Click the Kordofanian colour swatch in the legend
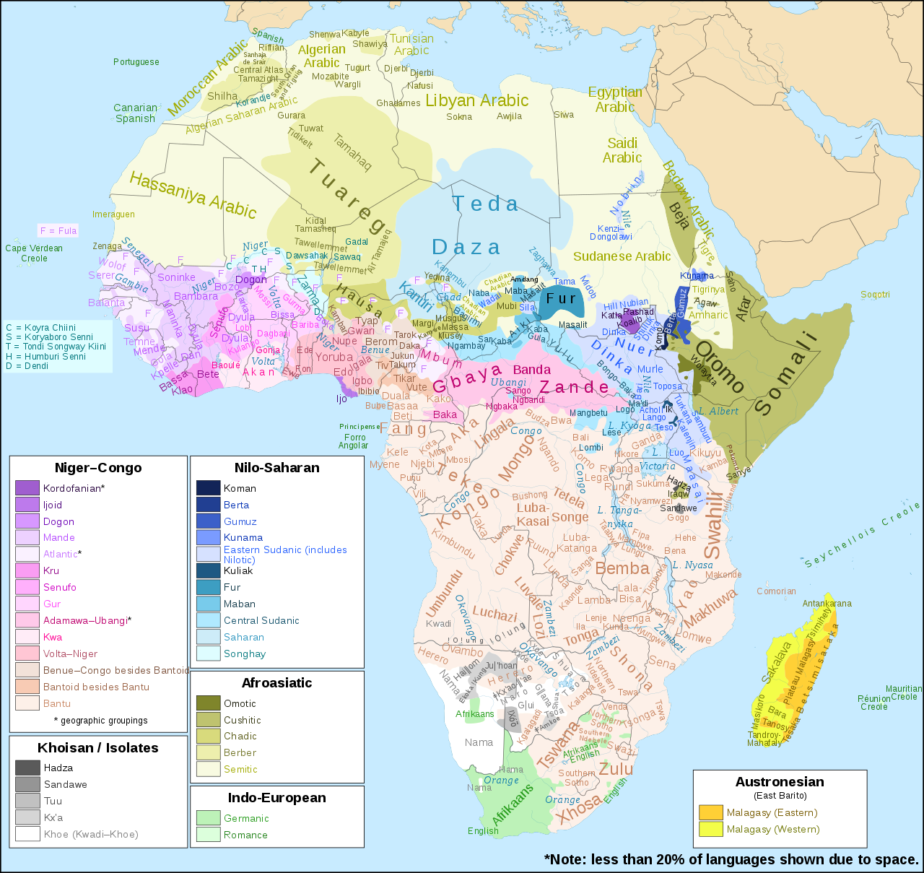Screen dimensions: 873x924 [x=27, y=488]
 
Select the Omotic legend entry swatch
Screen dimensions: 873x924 [x=208, y=703]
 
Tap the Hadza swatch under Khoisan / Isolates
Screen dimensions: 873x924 [x=27, y=768]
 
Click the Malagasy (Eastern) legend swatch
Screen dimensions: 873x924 [x=710, y=812]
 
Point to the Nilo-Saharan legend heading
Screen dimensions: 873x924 [x=276, y=468]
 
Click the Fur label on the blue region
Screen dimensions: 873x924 [x=561, y=298]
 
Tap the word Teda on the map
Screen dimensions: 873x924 [x=485, y=204]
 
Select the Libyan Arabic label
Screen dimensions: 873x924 [x=477, y=101]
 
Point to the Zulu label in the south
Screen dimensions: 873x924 [x=616, y=769]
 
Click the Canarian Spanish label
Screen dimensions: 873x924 [x=136, y=113]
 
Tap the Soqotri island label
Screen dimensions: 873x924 [x=875, y=295]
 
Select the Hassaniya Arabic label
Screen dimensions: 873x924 [x=192, y=195]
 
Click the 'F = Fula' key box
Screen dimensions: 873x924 [x=58, y=231]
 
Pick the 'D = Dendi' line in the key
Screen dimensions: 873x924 [x=27, y=366]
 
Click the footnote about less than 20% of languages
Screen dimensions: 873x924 [x=731, y=859]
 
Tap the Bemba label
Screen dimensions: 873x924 [x=622, y=569]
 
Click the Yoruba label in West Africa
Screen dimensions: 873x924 [x=334, y=357]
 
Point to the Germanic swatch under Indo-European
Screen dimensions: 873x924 [x=208, y=818]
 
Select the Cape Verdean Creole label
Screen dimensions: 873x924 [x=34, y=253]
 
